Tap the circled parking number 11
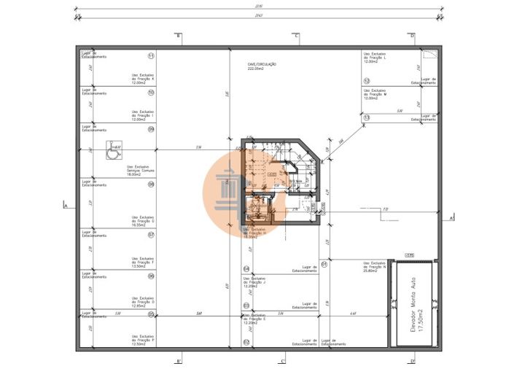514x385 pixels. pyautogui.click(x=151, y=56)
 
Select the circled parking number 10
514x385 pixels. pyautogui.click(x=151, y=93)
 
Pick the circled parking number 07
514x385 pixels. pyautogui.click(x=151, y=235)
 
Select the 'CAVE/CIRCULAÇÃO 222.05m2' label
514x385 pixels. pyautogui.click(x=261, y=66)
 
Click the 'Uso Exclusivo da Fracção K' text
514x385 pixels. pyautogui.click(x=143, y=79)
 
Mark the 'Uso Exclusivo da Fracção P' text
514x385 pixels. pyautogui.click(x=143, y=338)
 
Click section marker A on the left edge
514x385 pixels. pyautogui.click(x=66, y=206)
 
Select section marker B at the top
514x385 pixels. pyautogui.click(x=178, y=36)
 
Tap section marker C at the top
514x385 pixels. pyautogui.click(x=296, y=36)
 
